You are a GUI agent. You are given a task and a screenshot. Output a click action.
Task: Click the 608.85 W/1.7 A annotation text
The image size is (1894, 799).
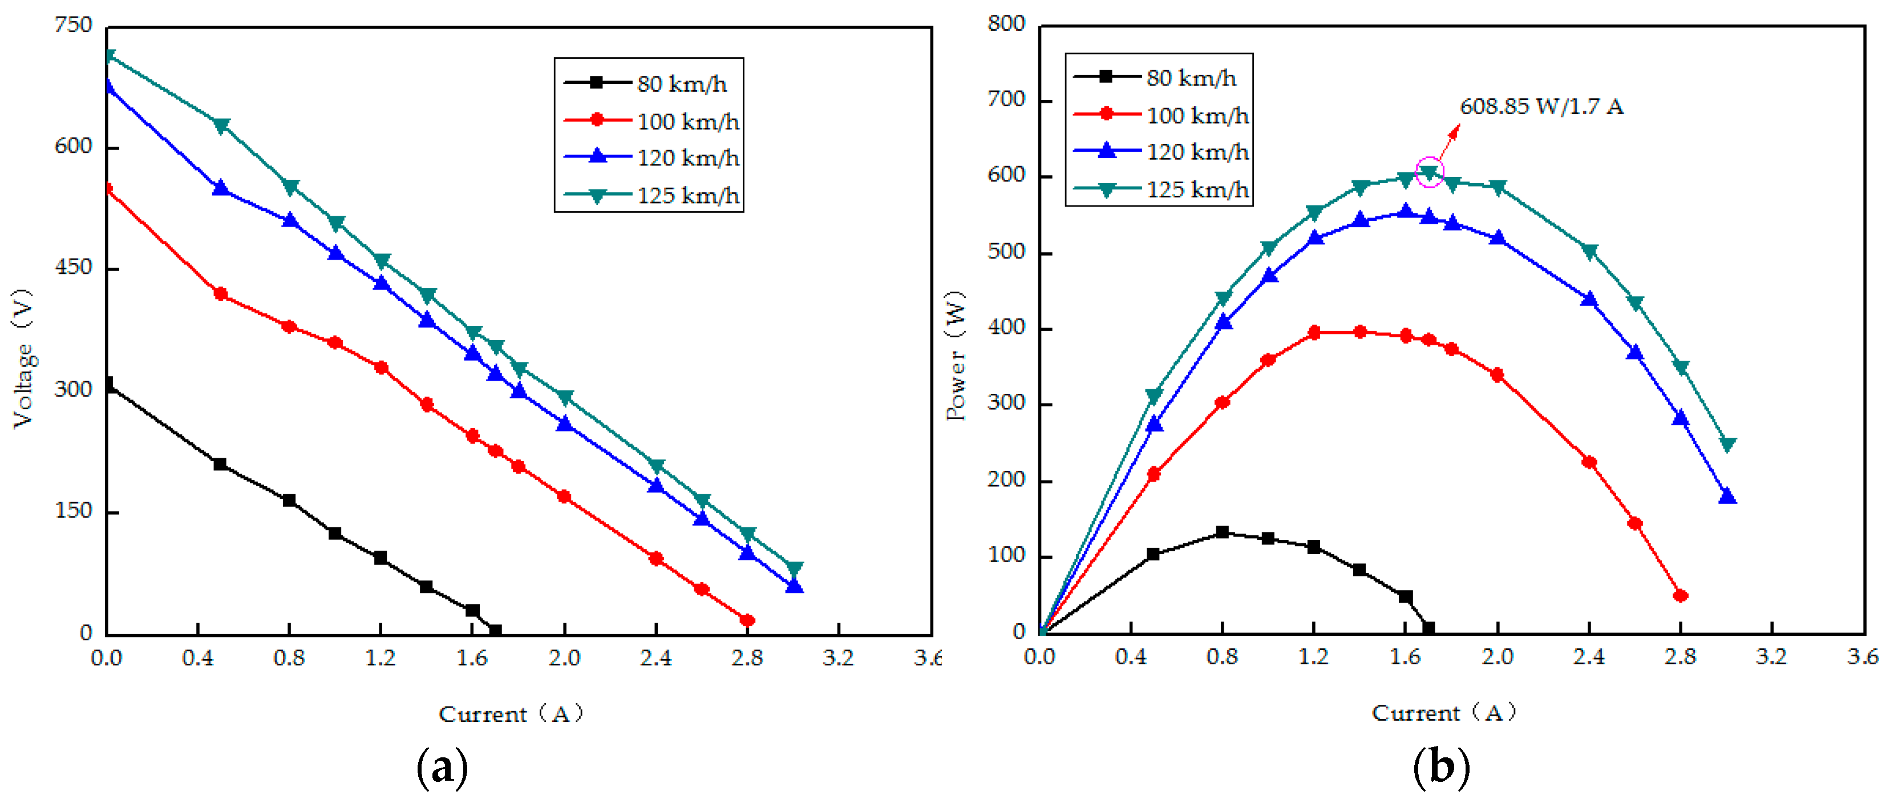click(x=1541, y=107)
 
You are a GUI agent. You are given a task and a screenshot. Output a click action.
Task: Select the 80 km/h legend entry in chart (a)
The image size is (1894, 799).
click(x=647, y=83)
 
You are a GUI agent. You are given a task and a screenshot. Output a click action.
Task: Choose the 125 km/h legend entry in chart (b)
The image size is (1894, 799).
click(x=1160, y=190)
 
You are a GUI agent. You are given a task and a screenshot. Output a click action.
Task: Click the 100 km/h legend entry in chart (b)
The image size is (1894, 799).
click(x=1160, y=115)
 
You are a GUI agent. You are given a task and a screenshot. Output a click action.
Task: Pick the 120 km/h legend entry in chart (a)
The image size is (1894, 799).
click(x=651, y=158)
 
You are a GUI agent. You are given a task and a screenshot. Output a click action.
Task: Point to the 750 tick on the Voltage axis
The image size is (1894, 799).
click(x=73, y=25)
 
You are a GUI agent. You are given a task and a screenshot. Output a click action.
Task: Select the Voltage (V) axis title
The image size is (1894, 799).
click(x=23, y=358)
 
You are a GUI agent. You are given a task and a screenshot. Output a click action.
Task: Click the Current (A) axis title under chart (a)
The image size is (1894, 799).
click(x=510, y=713)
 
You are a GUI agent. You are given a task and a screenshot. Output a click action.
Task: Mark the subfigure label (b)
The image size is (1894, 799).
click(x=1441, y=766)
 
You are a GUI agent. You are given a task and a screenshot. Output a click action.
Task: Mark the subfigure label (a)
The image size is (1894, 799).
click(x=442, y=766)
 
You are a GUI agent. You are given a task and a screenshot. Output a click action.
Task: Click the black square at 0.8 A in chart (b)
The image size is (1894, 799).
click(x=1222, y=532)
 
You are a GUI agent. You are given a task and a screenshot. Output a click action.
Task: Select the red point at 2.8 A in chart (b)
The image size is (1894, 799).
click(x=1680, y=595)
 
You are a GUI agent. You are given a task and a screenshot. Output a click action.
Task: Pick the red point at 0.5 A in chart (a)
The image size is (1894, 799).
click(x=220, y=293)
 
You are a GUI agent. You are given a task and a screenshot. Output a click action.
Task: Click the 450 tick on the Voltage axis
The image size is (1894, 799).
click(x=73, y=267)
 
